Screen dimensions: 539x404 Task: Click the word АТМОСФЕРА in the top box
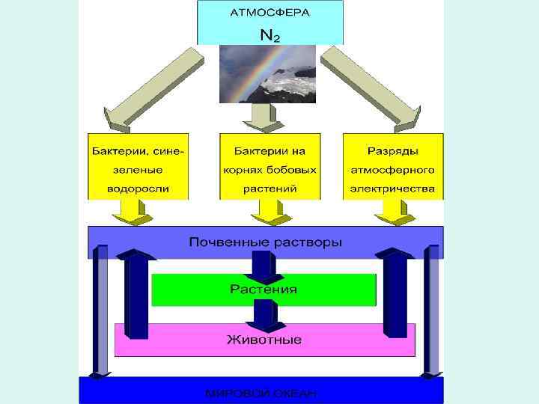tap(269, 13)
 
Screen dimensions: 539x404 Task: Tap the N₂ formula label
tap(269, 34)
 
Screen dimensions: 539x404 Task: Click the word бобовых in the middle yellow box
tap(293, 169)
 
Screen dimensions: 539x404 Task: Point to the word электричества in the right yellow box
tap(392, 189)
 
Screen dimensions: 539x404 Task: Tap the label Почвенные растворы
tap(266, 242)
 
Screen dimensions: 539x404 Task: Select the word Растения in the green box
tap(264, 289)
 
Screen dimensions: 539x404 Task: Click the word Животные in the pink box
tap(264, 340)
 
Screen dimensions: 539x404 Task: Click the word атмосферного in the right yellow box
tap(392, 169)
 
